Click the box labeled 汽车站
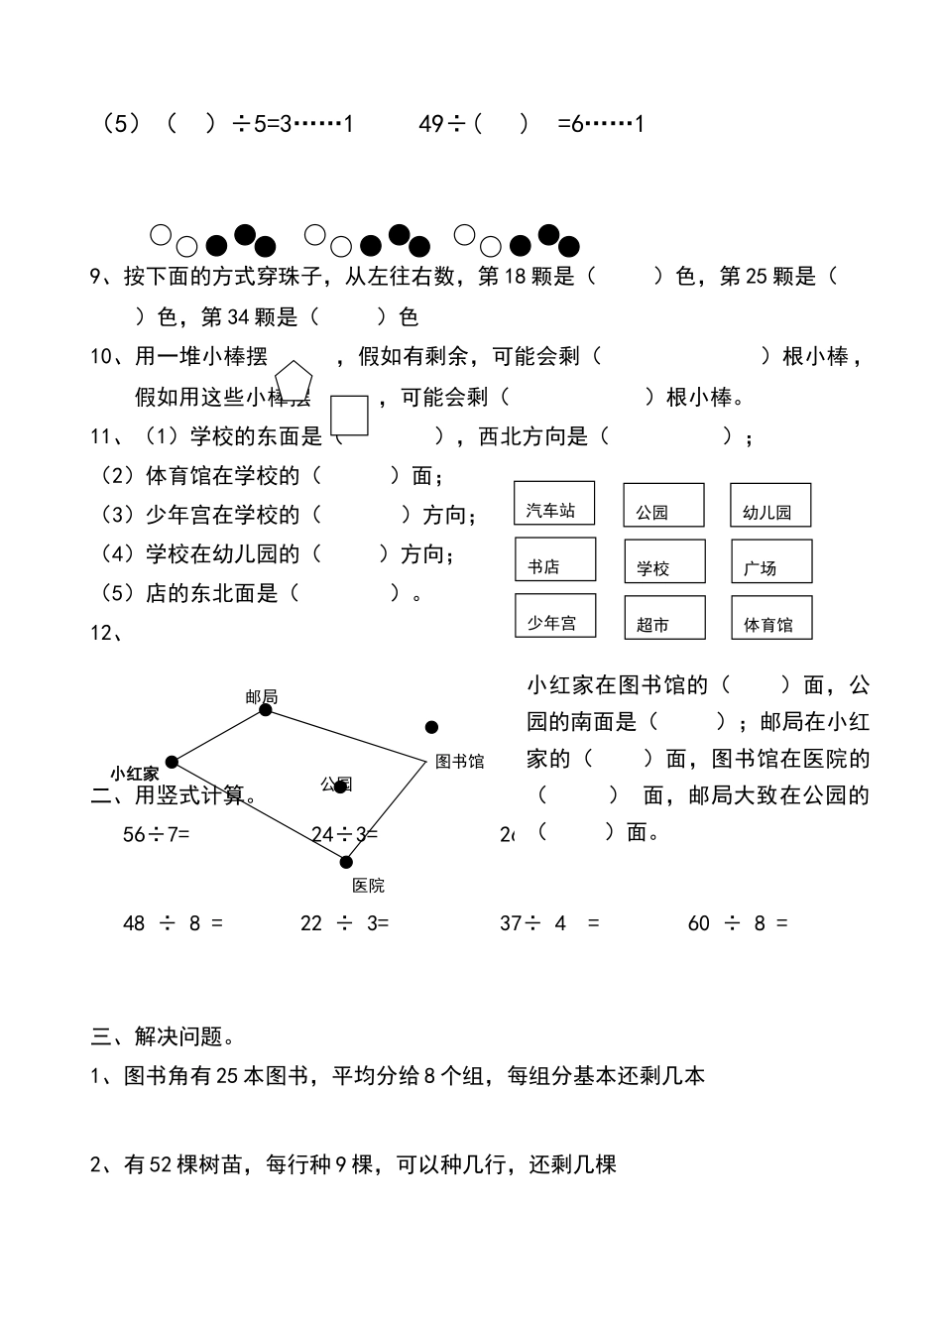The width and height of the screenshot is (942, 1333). tap(554, 503)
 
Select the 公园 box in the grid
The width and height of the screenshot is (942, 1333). tap(663, 505)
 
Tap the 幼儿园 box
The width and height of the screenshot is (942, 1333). tap(770, 505)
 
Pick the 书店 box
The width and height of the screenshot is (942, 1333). tap(555, 559)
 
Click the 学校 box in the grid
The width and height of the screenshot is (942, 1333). tap(664, 561)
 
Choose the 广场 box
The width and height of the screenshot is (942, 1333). tap(771, 561)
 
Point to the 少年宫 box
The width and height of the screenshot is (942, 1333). tap(555, 616)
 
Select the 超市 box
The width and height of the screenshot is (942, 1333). tap(664, 617)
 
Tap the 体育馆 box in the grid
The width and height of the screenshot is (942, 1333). tap(771, 617)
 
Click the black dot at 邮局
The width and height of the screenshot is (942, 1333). tap(265, 709)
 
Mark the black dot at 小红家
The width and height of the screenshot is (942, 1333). tap(172, 762)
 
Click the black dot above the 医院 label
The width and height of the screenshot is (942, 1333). tap(346, 862)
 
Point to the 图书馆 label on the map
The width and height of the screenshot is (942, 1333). tap(460, 762)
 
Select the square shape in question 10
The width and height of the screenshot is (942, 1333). tap(349, 416)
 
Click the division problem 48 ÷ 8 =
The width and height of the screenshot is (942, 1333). tap(173, 923)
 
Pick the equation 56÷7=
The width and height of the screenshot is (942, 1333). tap(156, 834)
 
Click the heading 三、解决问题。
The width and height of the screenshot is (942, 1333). tap(164, 1036)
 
